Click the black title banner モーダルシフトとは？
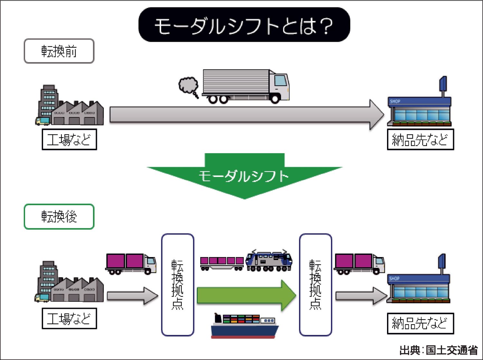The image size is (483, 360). click(x=244, y=25)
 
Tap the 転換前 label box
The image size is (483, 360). click(x=59, y=51)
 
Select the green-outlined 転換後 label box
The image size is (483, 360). click(x=59, y=217)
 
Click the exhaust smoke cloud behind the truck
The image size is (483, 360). click(x=189, y=86)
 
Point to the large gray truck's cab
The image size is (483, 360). click(x=279, y=85)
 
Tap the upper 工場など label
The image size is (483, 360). click(x=69, y=140)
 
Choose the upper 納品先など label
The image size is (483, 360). click(x=420, y=140)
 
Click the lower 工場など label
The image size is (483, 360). click(x=69, y=318)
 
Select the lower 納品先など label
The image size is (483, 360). click(x=420, y=323)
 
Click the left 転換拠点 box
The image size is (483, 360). click(x=177, y=285)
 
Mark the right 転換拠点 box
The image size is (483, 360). click(x=315, y=285)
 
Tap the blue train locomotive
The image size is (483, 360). click(x=269, y=261)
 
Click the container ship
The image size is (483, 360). click(x=245, y=326)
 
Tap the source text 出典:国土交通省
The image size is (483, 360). click(x=439, y=350)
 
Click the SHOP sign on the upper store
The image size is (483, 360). click(x=395, y=101)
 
